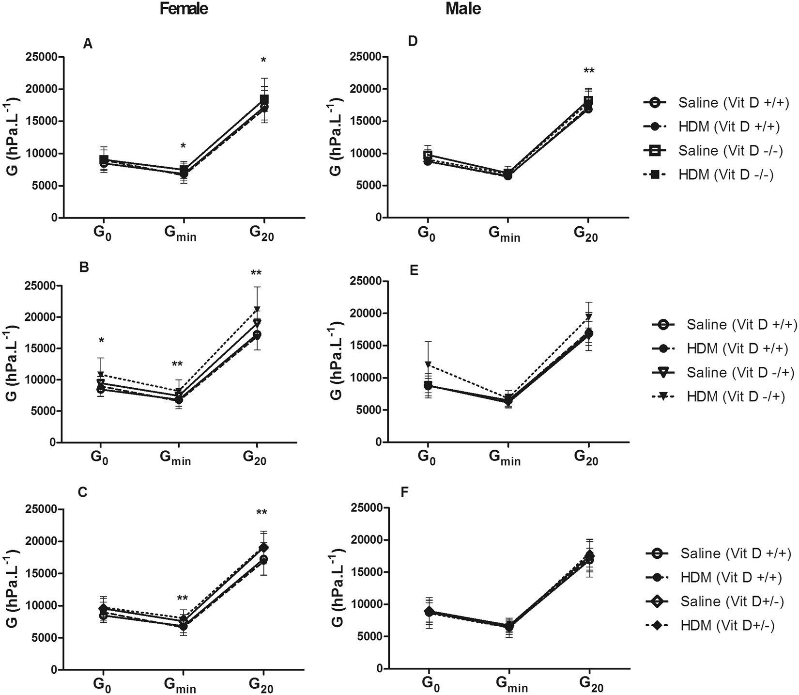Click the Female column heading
(x=184, y=9)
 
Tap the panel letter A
(x=88, y=44)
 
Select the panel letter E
(x=414, y=270)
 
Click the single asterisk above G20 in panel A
(x=263, y=61)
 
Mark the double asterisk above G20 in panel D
(x=589, y=72)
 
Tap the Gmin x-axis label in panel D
(x=504, y=234)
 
